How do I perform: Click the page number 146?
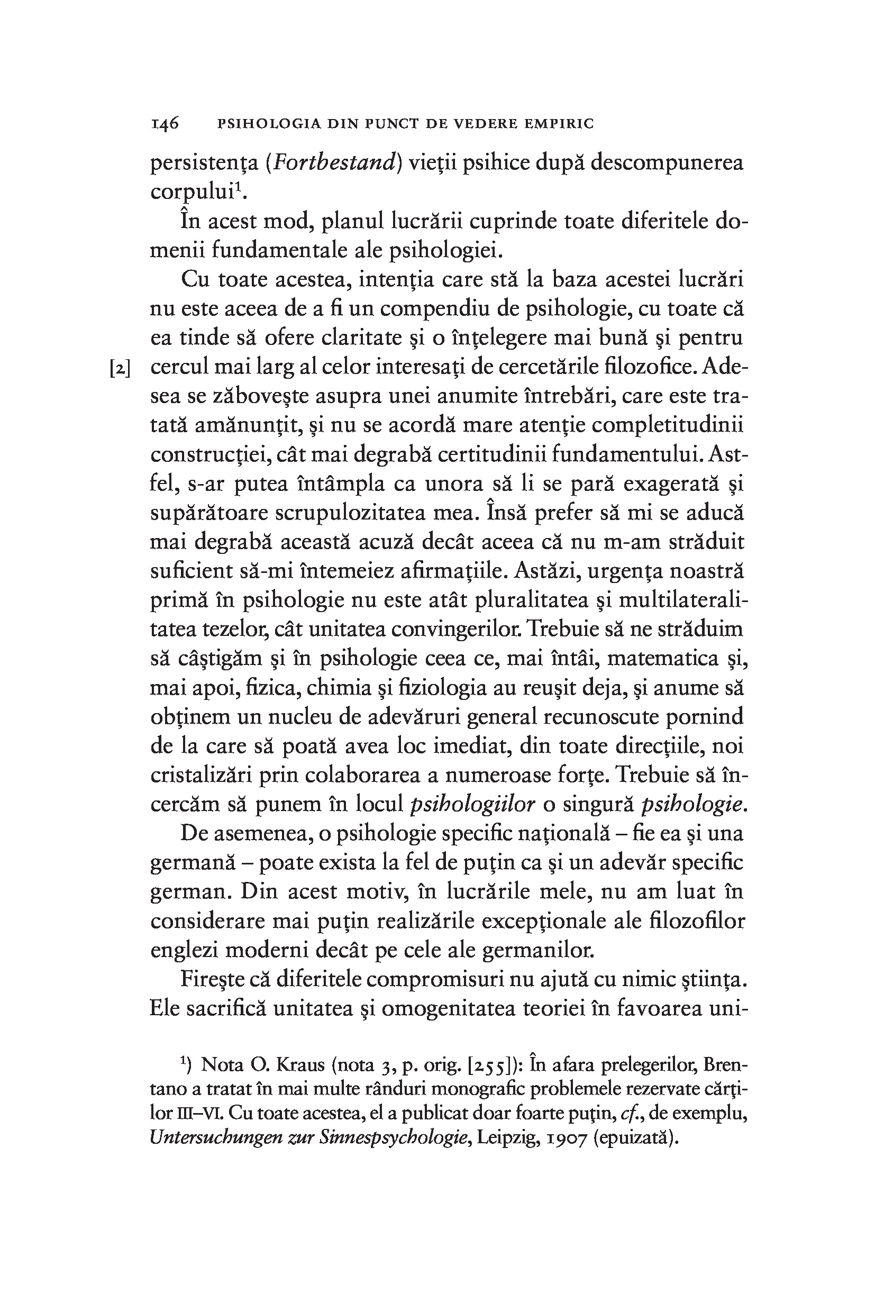tap(165, 123)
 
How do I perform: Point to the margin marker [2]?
tap(121, 369)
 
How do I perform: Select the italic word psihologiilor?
tap(472, 804)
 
